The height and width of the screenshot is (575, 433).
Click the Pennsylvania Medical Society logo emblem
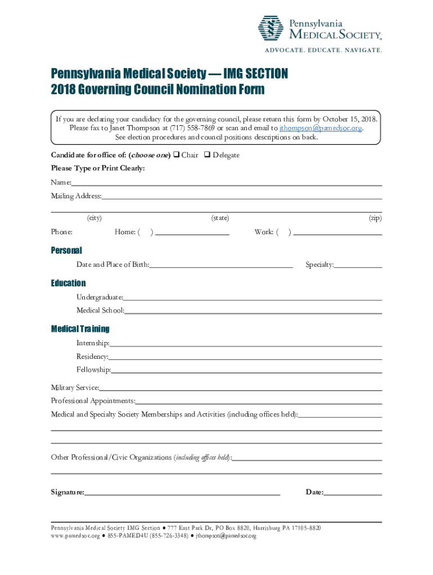(x=270, y=28)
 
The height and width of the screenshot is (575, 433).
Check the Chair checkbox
(x=176, y=155)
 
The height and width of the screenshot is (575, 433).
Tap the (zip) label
(x=375, y=218)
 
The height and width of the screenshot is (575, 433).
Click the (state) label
(x=220, y=218)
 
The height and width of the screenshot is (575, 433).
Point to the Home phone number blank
(x=193, y=232)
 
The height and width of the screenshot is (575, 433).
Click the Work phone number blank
(x=337, y=232)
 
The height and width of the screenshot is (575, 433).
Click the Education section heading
(x=69, y=283)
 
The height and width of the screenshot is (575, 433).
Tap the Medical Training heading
(x=80, y=328)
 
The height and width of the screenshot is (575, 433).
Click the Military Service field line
(x=241, y=389)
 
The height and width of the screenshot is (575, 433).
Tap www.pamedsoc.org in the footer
(x=75, y=536)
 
